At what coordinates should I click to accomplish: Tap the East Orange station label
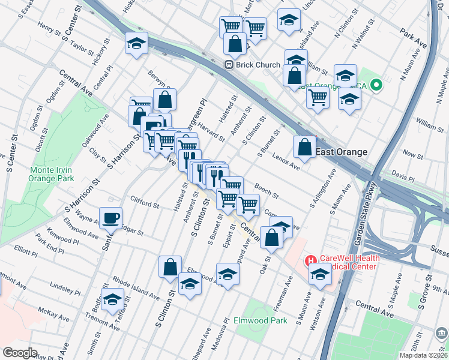tap(342, 152)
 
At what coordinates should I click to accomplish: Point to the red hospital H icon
tap(311, 260)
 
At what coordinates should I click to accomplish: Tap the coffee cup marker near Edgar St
tap(110, 218)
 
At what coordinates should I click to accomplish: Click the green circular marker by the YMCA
tap(376, 86)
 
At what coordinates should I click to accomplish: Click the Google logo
tap(20, 353)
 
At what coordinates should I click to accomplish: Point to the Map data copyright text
tap(423, 355)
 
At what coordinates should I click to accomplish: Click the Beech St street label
tap(266, 191)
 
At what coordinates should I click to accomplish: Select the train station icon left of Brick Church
tap(229, 65)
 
